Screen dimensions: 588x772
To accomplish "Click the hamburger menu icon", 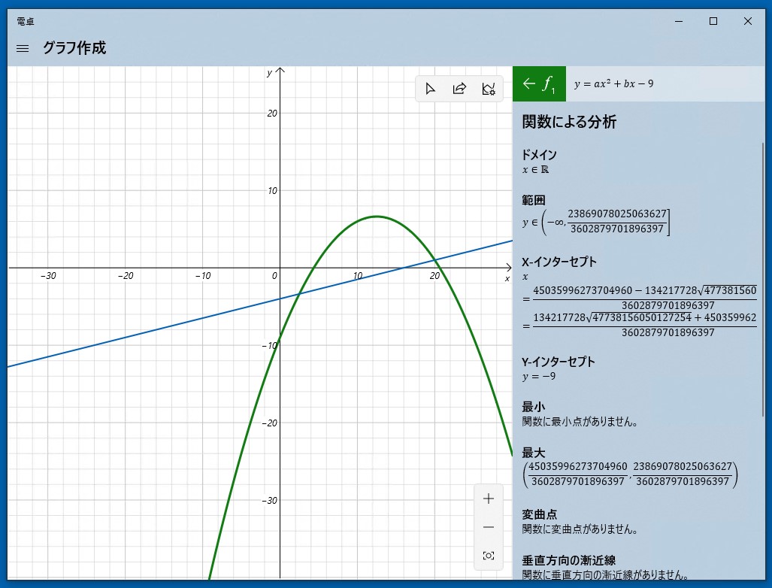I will coord(23,48).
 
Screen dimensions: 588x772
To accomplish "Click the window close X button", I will coord(747,21).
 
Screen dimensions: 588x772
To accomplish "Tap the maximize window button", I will coord(713,21).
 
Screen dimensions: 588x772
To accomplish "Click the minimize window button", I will coord(679,21).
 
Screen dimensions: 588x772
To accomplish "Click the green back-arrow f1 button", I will coord(539,83).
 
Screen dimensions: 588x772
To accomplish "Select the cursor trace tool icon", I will coord(430,89).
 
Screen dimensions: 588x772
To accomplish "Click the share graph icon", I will coord(459,89).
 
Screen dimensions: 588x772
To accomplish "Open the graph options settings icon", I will coord(489,89).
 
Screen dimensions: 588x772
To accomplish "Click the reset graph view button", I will coord(489,556).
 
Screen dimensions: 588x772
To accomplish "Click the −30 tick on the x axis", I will coord(49,276).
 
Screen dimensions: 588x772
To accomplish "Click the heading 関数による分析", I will coord(569,122).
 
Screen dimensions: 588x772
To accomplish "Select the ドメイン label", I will coord(539,155).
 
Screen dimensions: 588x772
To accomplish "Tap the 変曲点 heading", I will coord(539,514).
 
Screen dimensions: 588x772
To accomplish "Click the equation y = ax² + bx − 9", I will coord(613,83).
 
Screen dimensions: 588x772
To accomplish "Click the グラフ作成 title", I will coord(74,48).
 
